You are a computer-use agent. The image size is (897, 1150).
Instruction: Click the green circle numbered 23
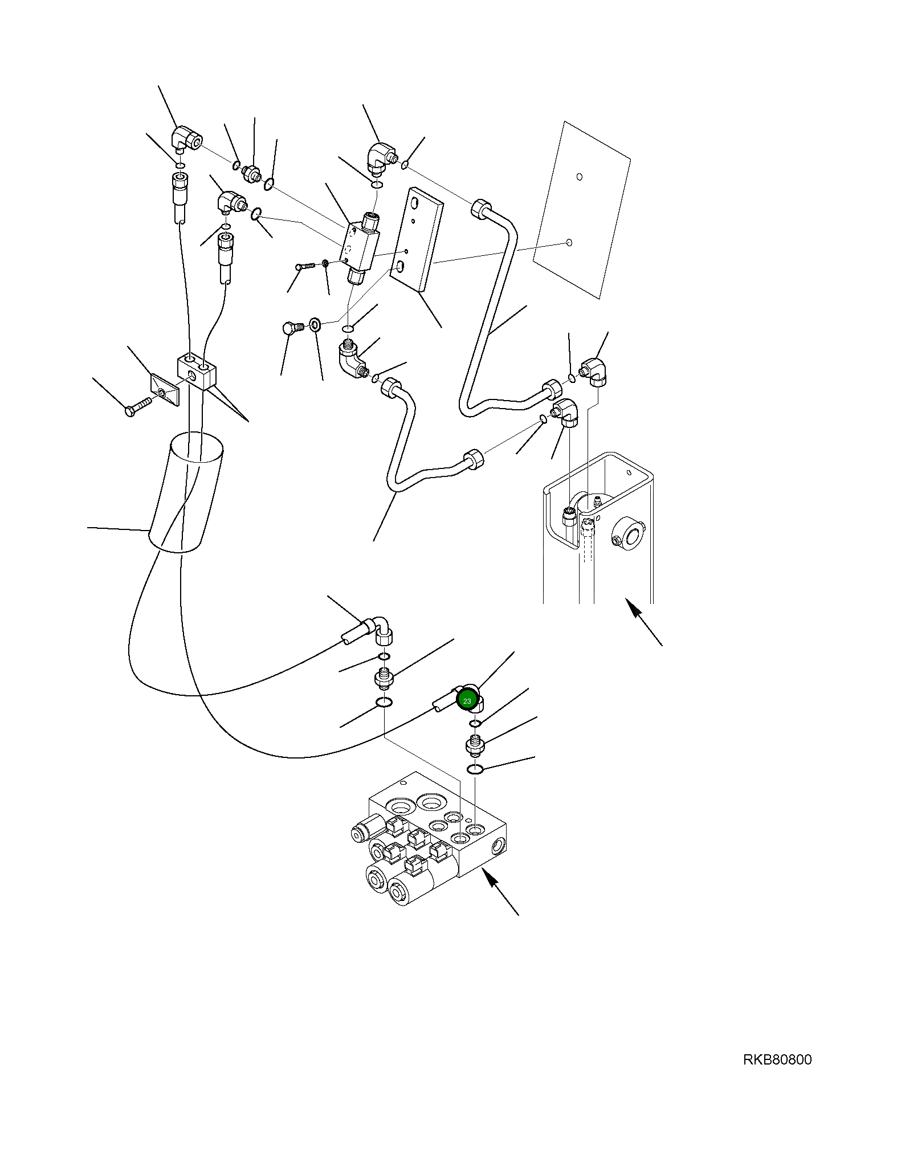click(x=467, y=700)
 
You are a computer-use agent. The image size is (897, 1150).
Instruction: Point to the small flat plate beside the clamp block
click(x=165, y=390)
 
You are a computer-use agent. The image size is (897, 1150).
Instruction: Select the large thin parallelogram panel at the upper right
click(x=581, y=209)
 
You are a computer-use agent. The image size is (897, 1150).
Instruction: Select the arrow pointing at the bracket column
click(x=644, y=622)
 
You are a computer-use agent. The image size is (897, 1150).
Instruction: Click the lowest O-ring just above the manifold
click(x=475, y=769)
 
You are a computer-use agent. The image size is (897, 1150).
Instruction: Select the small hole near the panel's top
click(x=579, y=177)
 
